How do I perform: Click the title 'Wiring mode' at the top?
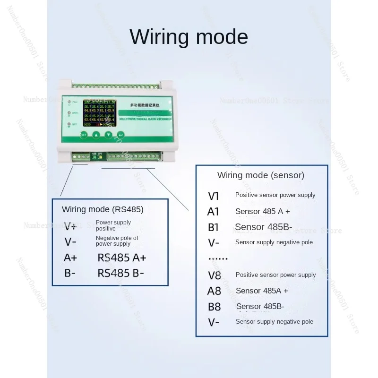[189, 37]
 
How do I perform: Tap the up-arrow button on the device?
[96, 134]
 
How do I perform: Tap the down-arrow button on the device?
[109, 134]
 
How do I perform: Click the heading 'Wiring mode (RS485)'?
[103, 209]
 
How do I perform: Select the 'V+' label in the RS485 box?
[70, 225]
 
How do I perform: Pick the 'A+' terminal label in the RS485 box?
[70, 258]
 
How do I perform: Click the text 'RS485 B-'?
[121, 273]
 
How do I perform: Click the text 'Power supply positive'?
[113, 225]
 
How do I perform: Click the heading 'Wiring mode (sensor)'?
[261, 175]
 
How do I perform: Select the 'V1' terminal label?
[214, 196]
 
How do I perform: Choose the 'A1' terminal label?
[214, 212]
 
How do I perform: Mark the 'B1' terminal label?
[214, 227]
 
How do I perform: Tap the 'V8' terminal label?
[214, 275]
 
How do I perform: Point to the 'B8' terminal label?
[214, 307]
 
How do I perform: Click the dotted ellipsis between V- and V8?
[218, 258]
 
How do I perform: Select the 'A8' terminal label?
[214, 291]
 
